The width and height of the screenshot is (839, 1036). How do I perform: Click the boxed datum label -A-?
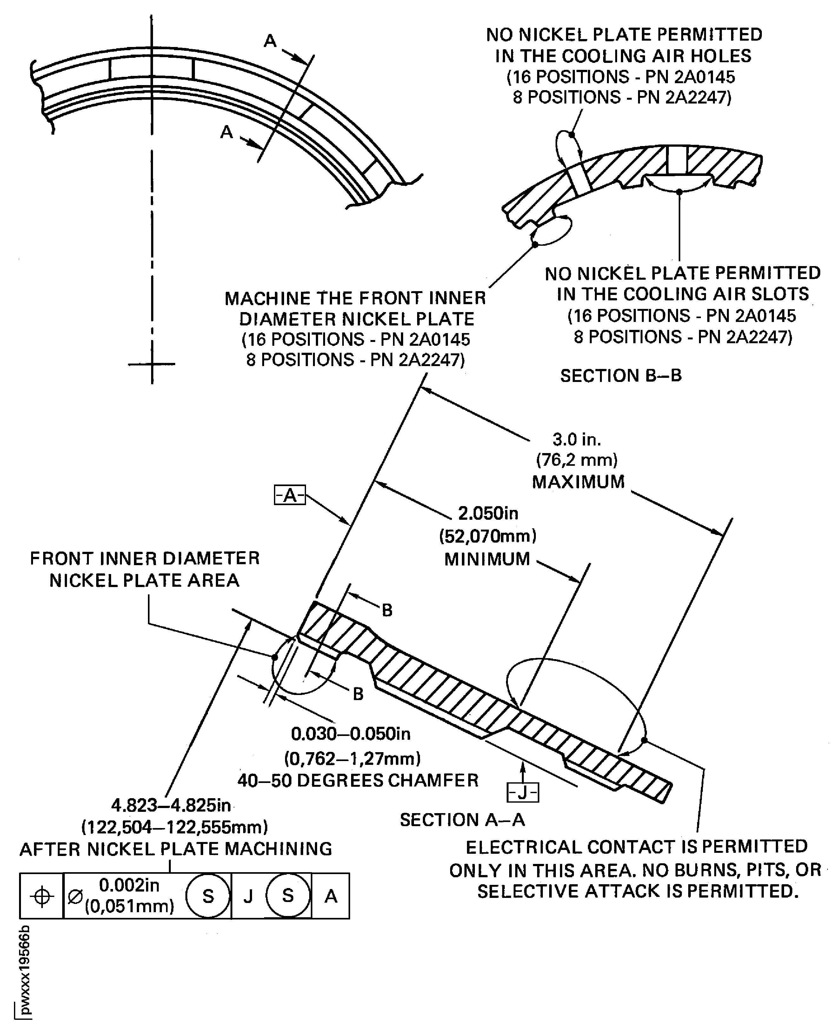click(290, 495)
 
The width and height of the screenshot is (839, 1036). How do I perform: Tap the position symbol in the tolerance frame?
click(42, 896)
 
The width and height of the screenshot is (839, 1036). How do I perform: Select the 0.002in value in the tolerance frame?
click(129, 885)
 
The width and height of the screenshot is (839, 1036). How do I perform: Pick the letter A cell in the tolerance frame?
click(330, 896)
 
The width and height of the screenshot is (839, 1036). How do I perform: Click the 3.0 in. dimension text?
click(576, 439)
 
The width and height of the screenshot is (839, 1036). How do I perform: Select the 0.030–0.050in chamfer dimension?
click(350, 734)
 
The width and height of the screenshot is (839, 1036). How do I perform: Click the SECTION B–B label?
click(621, 376)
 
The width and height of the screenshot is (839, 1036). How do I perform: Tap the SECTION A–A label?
click(462, 819)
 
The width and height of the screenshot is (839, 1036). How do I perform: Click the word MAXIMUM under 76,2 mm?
click(578, 482)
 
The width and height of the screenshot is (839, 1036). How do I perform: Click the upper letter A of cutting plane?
click(270, 41)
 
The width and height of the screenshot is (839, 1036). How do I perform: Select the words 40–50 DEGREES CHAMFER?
click(358, 780)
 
